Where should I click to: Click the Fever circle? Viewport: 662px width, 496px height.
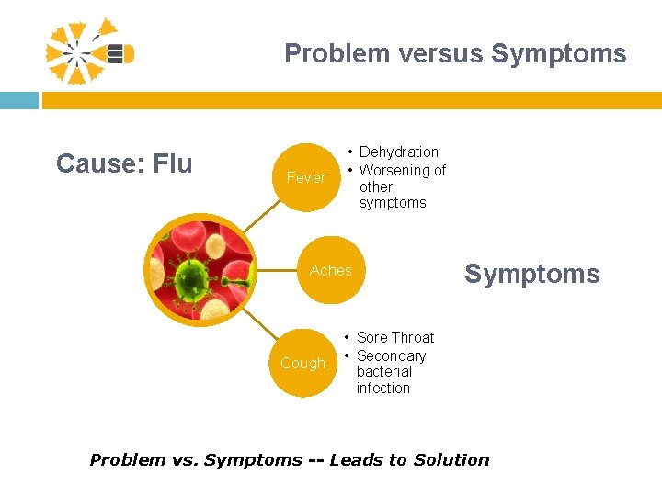306,177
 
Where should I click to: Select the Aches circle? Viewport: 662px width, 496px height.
331,270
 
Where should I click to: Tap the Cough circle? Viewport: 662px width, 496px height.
303,363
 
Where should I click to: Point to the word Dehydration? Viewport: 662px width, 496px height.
398,152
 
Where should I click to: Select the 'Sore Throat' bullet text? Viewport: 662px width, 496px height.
394,337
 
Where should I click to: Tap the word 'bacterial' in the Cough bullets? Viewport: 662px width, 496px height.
383,371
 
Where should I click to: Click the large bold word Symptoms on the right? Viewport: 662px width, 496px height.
531,274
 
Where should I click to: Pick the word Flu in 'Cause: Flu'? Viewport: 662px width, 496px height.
173,163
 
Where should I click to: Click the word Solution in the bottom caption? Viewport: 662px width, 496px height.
451,460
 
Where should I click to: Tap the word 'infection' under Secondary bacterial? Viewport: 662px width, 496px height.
382,388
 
